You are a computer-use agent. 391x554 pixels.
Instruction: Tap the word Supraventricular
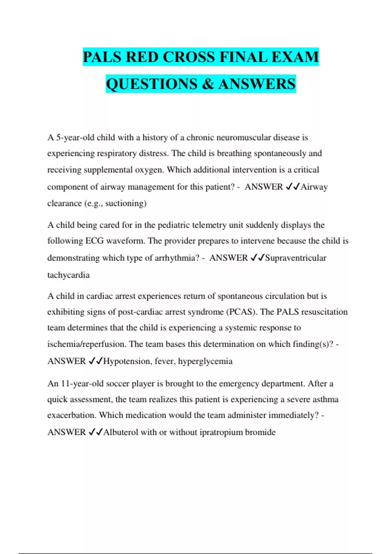[296, 258]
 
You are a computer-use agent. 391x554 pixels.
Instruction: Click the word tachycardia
[68, 275]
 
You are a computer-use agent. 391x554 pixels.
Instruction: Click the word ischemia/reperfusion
[87, 344]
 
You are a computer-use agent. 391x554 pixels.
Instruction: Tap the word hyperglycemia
[205, 361]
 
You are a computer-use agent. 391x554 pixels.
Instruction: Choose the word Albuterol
[121, 432]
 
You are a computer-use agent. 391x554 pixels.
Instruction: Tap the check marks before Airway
[292, 187]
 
